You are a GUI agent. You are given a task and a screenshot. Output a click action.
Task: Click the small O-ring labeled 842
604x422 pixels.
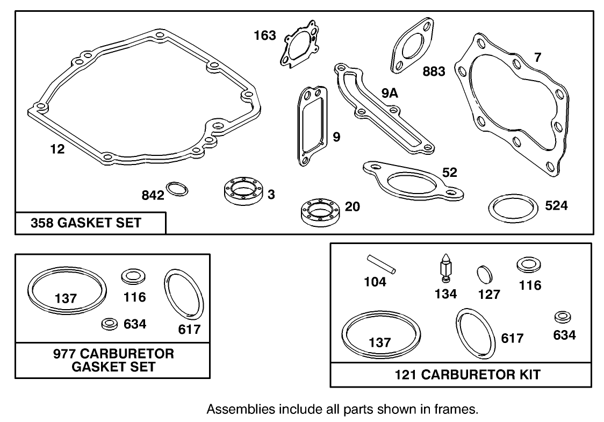tap(177, 189)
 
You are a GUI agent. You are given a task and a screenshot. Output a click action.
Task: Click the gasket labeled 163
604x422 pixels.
tap(297, 45)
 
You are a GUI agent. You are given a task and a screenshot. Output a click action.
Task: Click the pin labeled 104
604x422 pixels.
tap(382, 263)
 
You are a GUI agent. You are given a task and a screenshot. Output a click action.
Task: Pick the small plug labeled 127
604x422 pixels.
tap(485, 274)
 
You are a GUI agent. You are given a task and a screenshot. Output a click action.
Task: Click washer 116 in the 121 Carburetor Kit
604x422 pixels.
tap(529, 265)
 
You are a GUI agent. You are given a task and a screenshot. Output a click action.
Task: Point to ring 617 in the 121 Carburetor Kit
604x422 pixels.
tap(473, 334)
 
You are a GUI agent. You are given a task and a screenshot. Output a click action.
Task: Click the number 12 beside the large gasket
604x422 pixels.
tap(57, 149)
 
